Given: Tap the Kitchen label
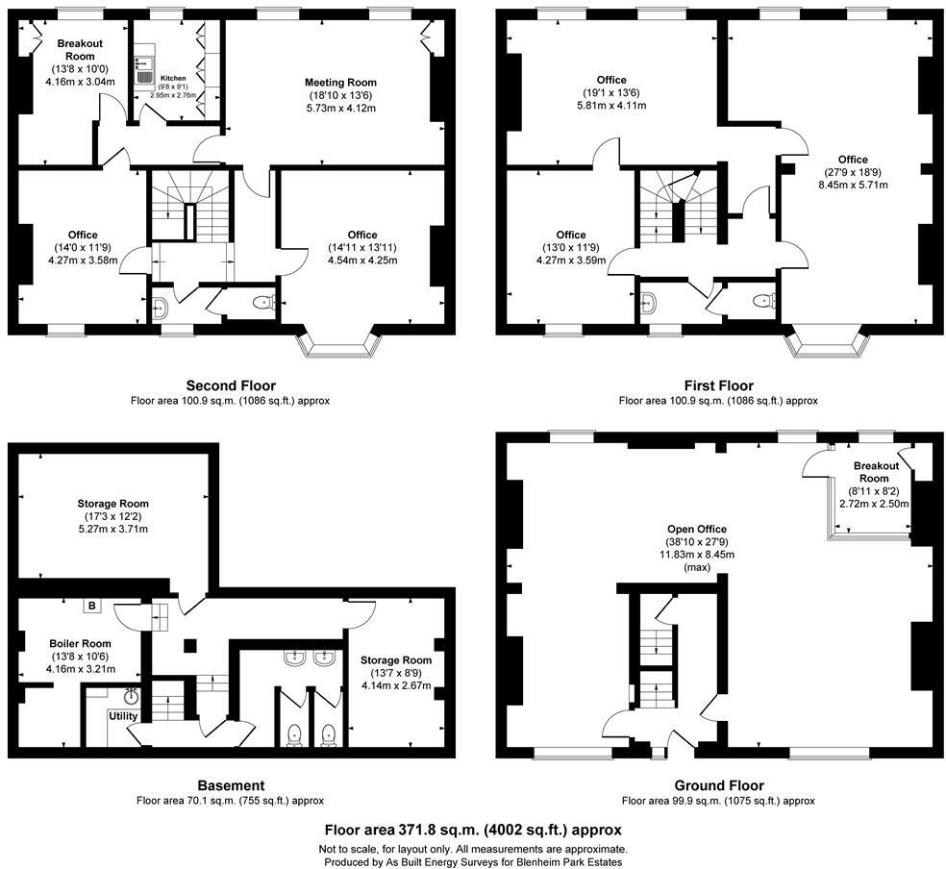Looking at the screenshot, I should point(173,78).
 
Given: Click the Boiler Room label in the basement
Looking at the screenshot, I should point(80,643).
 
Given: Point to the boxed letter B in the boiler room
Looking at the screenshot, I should point(92,606).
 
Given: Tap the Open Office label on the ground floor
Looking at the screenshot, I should point(697,530).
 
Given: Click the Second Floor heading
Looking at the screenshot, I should point(231,385).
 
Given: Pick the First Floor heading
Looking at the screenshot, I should point(717,385).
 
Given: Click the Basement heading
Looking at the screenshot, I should point(230,785).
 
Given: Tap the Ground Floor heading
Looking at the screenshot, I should point(717,785).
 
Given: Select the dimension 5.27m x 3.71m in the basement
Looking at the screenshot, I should point(113,529).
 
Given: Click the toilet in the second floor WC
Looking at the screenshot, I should point(261,303).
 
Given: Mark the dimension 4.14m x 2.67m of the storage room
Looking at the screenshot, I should point(396,685).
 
